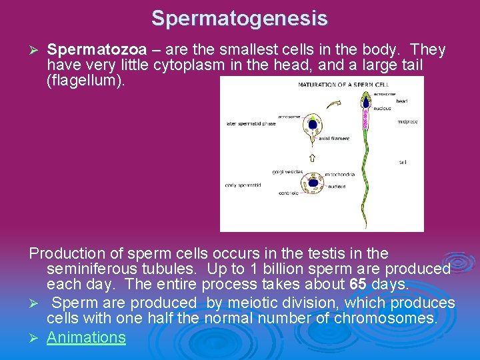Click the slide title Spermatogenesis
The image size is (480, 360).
coord(239,18)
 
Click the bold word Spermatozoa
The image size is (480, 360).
coord(97,50)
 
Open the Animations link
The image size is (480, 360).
coord(86,337)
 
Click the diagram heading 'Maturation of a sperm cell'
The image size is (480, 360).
coord(343,85)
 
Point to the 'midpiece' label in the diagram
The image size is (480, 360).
coord(408,122)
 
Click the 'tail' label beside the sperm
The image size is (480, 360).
coord(403,162)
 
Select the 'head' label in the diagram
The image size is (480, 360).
coord(402,101)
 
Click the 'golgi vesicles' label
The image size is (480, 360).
coord(287,172)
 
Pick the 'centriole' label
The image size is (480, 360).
coord(289,194)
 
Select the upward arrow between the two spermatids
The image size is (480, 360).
coord(311,157)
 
